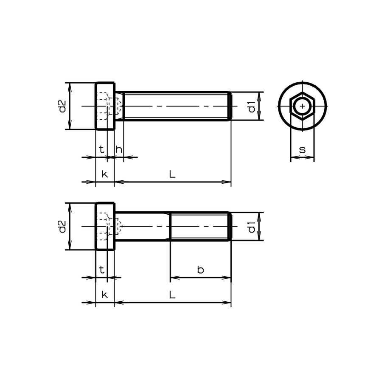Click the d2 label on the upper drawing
tap(62, 106)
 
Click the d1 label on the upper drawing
tap(252, 106)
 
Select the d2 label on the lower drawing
tap(62, 227)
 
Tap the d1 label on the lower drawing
tap(252, 227)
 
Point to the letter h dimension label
tap(119, 149)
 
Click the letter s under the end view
tap(302, 149)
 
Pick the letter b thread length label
tap(200, 270)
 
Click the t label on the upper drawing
tap(101, 149)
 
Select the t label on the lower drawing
tap(101, 270)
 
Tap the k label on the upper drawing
tap(104, 174)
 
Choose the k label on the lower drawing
tap(104, 294)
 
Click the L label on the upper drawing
tap(172, 174)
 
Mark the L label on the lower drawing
tap(172, 294)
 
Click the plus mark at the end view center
tap(302, 106)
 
